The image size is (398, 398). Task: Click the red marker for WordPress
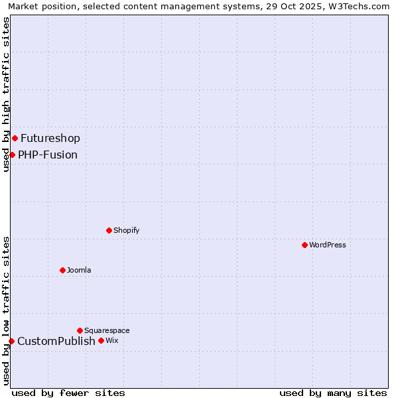304,245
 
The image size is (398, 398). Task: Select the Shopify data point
109,230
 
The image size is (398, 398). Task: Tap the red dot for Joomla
62,270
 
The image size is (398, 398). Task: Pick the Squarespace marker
80,330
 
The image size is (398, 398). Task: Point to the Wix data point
101,340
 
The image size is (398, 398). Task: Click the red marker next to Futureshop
15,138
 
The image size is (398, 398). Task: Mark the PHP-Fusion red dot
12,155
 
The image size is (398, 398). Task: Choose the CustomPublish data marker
11,341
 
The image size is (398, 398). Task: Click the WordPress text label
328,245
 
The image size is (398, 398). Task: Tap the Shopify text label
126,230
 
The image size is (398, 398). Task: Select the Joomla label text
79,270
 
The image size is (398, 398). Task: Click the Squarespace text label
107,330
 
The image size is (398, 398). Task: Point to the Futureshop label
50,138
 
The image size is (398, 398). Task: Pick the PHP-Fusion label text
48,155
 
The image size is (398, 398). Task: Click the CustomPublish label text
56,341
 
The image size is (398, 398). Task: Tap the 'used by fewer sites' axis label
68,393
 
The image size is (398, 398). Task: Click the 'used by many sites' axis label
333,393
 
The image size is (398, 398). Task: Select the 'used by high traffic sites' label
6,94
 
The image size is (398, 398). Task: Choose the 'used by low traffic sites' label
6,310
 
